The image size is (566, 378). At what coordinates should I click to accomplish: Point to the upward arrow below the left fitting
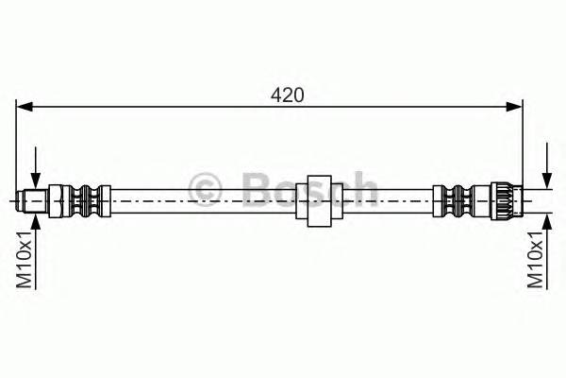click(x=35, y=221)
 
